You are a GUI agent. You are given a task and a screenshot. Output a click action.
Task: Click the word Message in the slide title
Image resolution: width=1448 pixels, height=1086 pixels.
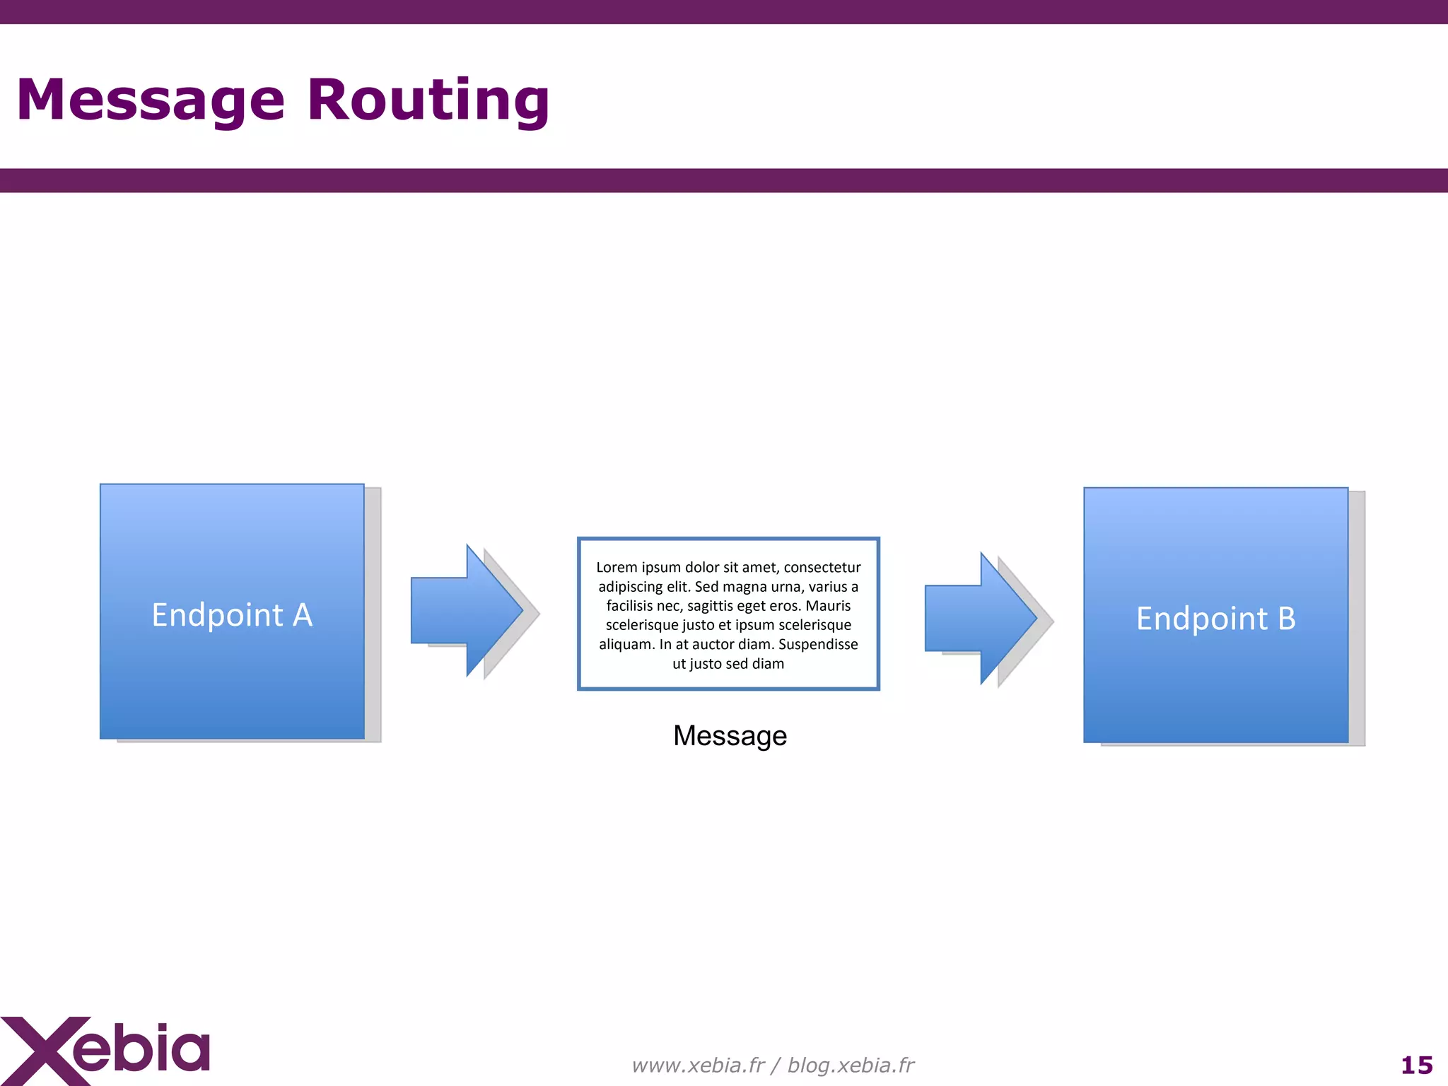pos(151,100)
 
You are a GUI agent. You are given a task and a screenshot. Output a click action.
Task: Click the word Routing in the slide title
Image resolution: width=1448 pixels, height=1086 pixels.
pos(428,100)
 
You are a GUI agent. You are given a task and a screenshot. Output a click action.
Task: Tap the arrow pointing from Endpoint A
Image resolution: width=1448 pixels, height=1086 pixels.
pos(467,611)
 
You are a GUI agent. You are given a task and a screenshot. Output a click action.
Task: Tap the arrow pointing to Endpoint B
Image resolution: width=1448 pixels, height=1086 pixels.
pos(981,619)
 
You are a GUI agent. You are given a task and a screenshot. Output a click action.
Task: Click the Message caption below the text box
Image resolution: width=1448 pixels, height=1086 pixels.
pos(730,736)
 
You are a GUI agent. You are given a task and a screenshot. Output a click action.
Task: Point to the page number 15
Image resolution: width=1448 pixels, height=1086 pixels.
pos(1416,1065)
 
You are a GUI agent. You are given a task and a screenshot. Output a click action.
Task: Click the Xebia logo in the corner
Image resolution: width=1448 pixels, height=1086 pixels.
pos(106,1051)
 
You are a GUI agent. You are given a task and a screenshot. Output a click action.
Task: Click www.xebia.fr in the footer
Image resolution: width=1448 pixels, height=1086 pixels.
pos(698,1065)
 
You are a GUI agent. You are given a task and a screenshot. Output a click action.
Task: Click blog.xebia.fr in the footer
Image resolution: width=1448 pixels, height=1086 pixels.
pos(851,1065)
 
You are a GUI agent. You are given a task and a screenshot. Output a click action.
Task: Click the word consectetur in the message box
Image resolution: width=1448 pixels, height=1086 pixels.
pos(822,567)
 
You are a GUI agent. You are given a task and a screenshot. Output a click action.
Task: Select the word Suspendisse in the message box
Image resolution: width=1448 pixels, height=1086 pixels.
pos(818,644)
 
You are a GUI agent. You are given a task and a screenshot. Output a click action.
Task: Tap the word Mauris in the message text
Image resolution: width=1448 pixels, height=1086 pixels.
pos(828,606)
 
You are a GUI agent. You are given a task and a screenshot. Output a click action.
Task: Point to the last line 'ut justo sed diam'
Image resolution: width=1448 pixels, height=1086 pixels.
pos(728,664)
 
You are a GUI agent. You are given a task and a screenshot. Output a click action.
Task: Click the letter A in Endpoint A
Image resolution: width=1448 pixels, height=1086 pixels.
pos(303,615)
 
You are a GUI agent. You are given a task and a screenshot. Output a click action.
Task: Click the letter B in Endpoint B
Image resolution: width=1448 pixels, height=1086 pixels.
pos(1286,619)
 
